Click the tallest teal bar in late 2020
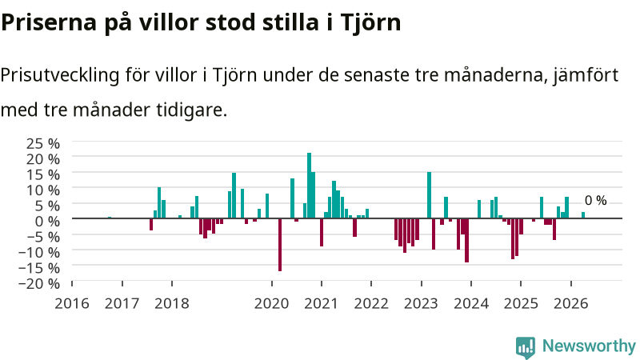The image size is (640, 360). tap(309, 186)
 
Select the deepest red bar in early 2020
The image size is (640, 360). tap(280, 245)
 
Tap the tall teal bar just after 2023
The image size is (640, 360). tap(429, 195)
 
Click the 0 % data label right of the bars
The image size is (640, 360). tap(595, 201)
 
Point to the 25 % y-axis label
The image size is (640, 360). tap(43, 144)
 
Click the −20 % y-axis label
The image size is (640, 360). tap(39, 283)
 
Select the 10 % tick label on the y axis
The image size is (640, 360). tap(43, 190)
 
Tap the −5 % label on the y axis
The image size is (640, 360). tap(39, 237)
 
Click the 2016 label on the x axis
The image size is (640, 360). tap(72, 304)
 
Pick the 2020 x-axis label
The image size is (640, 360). tap(271, 304)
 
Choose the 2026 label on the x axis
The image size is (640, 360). tap(570, 304)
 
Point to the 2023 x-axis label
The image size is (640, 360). tap(421, 304)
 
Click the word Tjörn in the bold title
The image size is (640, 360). tap(370, 23)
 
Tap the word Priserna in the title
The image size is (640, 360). tap(49, 23)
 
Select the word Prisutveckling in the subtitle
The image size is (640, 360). tap(59, 75)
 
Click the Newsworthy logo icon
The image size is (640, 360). tap(526, 347)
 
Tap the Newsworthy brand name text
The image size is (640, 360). tap(589, 346)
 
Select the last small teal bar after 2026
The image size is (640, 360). tap(583, 215)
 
